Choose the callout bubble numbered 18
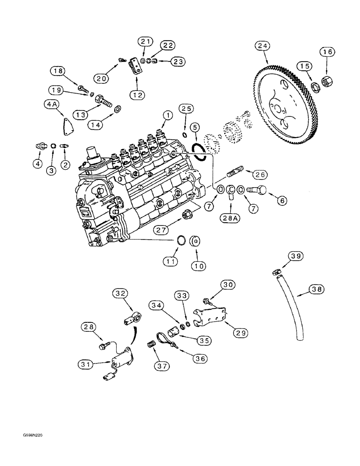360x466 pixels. pyautogui.click(x=58, y=71)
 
